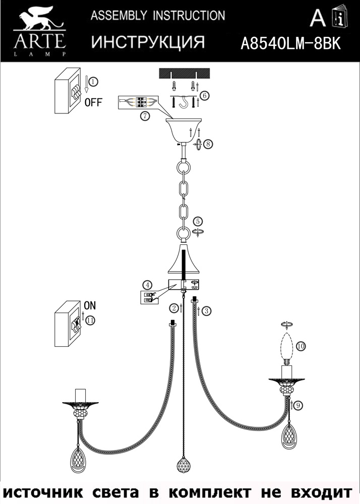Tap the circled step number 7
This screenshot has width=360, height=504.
[145, 116]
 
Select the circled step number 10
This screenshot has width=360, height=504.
[301, 346]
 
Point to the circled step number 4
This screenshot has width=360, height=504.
[147, 285]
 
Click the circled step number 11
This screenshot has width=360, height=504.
[90, 320]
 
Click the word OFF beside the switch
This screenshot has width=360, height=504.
[93, 102]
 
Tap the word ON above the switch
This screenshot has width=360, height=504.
[90, 305]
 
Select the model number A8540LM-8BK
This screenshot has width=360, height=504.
[290, 43]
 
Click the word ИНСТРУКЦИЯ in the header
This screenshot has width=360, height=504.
[148, 42]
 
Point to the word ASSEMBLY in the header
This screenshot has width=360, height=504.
[119, 16]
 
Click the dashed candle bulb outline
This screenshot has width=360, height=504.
[287, 347]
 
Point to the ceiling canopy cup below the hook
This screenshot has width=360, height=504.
[183, 131]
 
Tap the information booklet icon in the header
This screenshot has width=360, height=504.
[340, 17]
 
